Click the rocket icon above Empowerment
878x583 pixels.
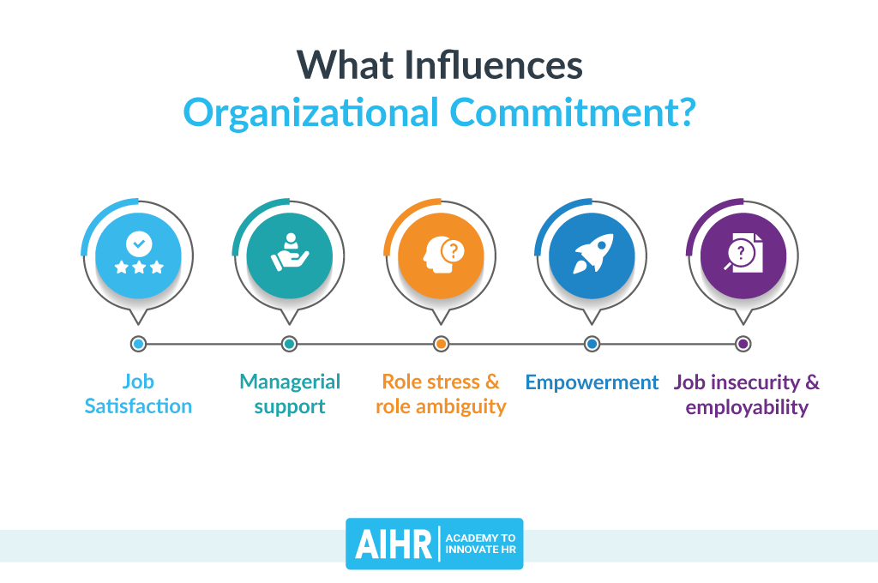(592, 255)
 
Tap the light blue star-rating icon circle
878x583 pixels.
(138, 255)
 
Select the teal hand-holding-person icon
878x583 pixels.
(289, 255)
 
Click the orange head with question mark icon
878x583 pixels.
(441, 255)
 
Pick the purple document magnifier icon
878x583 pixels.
(743, 255)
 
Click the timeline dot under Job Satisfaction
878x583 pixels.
(138, 344)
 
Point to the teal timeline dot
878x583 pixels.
(289, 344)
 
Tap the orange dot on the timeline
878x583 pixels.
(441, 344)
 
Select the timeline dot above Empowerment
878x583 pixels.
(592, 344)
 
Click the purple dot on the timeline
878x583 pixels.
(743, 344)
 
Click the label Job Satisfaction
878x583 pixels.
(138, 394)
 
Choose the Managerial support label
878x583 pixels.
(290, 394)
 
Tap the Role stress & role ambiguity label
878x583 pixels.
(441, 394)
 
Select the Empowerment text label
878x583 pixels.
(592, 382)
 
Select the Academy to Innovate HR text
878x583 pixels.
(480, 544)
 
